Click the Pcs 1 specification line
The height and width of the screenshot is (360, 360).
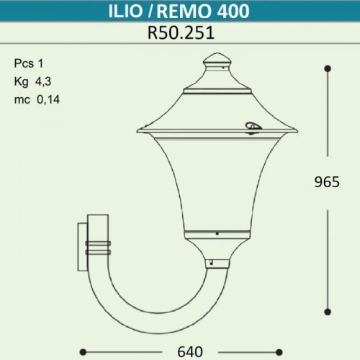tap(29, 63)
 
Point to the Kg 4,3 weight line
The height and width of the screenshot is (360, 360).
tap(32, 81)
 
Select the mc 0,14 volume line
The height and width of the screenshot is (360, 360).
tap(36, 99)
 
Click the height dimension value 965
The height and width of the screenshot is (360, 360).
tap(327, 183)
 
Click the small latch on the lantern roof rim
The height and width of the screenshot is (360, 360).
tap(254, 127)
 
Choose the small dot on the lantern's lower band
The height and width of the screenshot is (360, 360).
tap(215, 233)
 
